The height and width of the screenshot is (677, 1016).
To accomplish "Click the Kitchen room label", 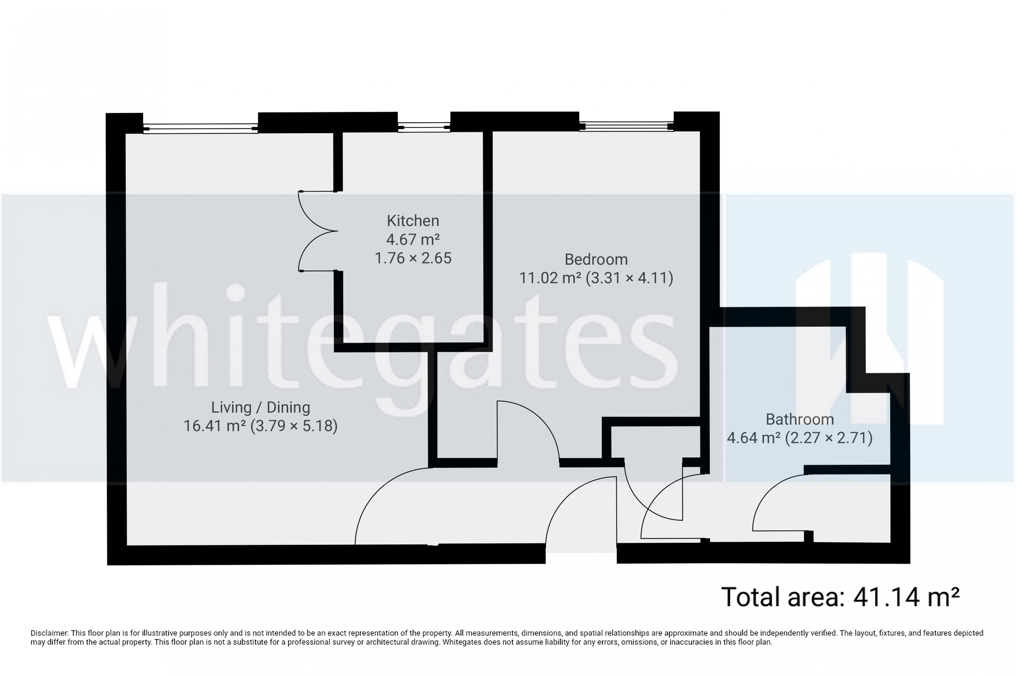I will (412, 221).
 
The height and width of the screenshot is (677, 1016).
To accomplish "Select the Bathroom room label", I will (799, 419).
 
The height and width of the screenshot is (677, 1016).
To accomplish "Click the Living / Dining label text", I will (261, 407).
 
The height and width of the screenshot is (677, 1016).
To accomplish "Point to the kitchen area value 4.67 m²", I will (412, 239).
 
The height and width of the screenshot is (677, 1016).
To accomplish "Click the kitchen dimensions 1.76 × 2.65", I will (412, 258).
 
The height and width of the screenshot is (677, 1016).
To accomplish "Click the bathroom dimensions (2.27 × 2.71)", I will (828, 438).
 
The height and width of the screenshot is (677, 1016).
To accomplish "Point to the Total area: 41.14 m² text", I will (840, 597).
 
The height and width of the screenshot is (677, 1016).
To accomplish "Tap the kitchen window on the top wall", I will (424, 126).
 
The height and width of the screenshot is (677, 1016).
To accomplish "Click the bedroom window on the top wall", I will (626, 126).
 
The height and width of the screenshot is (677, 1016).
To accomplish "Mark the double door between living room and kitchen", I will (318, 231).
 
